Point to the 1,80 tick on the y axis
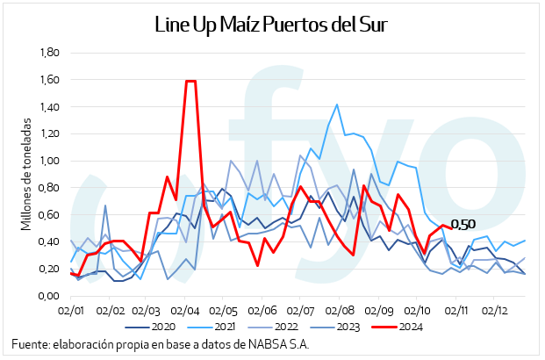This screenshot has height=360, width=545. [47, 53]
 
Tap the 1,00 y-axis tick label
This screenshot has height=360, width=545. [47, 161]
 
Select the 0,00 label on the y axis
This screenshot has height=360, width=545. [47, 296]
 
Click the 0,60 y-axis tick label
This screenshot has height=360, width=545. [47, 215]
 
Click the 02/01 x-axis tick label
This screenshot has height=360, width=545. [70, 310]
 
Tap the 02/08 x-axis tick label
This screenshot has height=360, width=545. [341, 310]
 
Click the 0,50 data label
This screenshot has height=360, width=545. [463, 225]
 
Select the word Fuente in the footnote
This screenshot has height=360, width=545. [31, 343]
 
